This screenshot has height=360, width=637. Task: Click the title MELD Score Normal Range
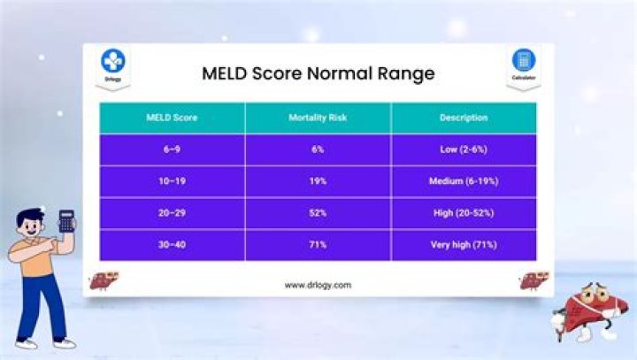pos(318,73)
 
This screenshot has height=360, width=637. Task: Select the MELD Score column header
pos(172,118)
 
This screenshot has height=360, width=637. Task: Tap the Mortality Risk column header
pos(318,118)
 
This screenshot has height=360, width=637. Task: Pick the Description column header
pos(464,118)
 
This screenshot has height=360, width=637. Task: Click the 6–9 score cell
pos(172,149)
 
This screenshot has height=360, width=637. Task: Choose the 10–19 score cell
pos(172,181)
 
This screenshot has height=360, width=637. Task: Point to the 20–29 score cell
pos(172,213)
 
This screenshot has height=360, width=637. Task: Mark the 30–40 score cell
pos(172,245)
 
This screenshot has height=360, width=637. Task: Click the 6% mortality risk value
pos(318,149)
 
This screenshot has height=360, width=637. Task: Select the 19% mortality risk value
pos(318,181)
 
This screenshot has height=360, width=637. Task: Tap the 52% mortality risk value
pos(318,213)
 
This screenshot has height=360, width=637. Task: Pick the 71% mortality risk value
pos(318,245)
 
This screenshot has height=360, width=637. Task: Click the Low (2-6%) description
pos(464,149)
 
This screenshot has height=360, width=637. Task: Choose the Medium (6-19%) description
pos(464,181)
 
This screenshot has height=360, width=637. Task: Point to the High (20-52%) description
pos(464,213)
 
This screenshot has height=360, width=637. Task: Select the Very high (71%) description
pos(464,245)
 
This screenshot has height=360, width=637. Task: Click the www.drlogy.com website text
pos(318,285)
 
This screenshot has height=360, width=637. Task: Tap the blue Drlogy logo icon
pos(113,61)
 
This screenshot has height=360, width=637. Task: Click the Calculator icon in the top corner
pos(524,61)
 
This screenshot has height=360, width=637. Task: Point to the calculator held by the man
pos(66,220)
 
